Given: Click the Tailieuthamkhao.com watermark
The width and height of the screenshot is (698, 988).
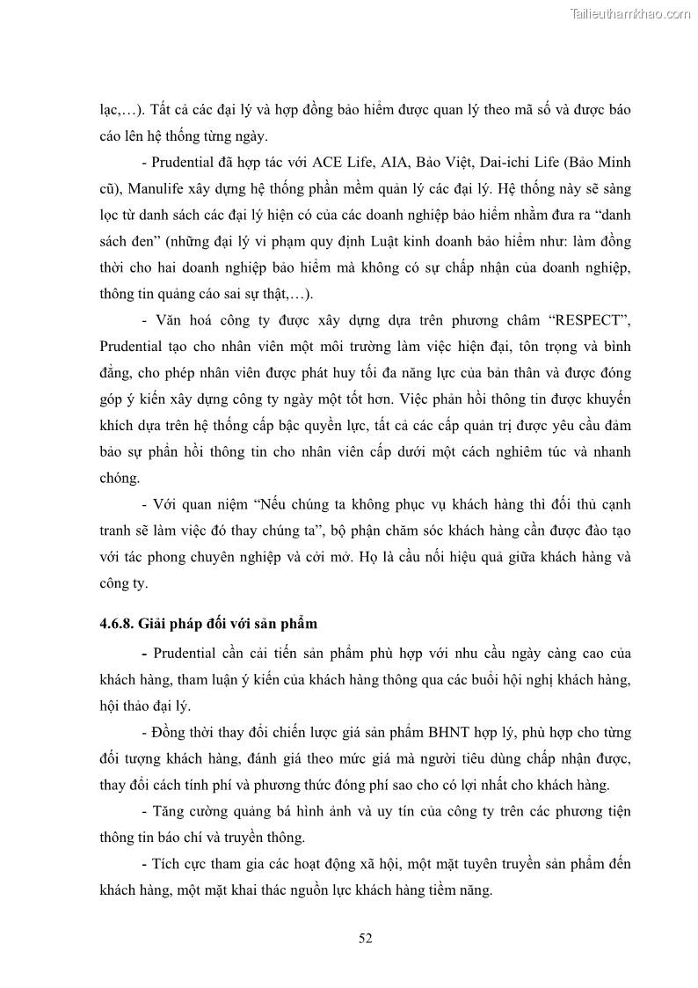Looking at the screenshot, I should coord(630,13).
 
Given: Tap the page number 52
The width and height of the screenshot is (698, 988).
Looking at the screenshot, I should coord(366,938).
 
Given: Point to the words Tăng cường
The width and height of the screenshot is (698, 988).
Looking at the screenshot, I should coord(188,811).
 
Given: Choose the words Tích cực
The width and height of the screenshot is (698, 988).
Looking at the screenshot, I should coord(182,864).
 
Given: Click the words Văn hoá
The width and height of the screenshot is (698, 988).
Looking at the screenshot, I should coord(180,321).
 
